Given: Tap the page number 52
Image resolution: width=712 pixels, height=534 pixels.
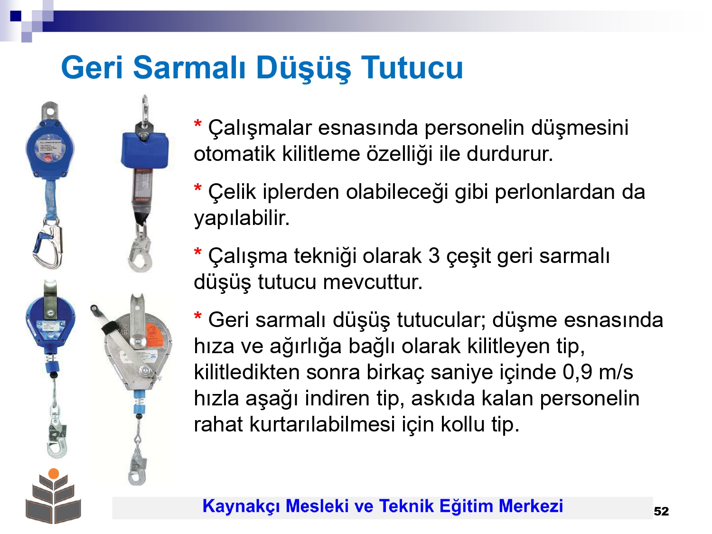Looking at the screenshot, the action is coord(661,511).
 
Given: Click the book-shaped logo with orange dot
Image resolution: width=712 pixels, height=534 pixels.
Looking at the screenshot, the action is coord(53,496).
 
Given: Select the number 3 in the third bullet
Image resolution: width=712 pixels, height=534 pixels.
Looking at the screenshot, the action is coord(434,255).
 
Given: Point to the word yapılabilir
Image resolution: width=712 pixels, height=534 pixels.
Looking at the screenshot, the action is coord(242,218).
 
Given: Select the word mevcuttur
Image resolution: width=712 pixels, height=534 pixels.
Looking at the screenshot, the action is coord(373,282).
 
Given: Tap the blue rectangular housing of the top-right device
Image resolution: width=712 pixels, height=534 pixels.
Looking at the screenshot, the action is coord(145,151).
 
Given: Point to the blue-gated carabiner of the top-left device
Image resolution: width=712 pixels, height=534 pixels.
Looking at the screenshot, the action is coord(47,244).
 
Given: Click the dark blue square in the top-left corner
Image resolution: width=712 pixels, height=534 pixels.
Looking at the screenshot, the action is coord(16,16).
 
